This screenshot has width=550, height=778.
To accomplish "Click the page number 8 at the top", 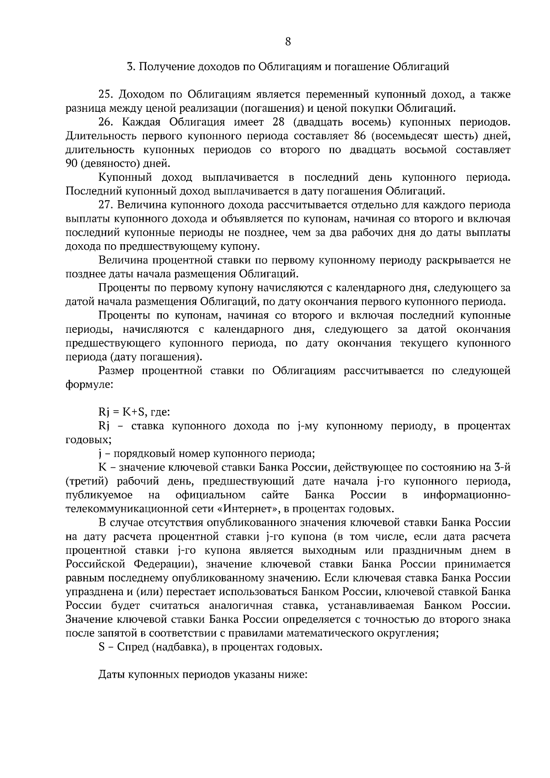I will [288, 42].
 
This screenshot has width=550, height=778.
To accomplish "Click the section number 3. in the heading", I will [131, 67].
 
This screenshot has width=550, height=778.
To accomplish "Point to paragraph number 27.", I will [106, 205].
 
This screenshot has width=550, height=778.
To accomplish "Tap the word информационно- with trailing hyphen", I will [467, 495].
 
